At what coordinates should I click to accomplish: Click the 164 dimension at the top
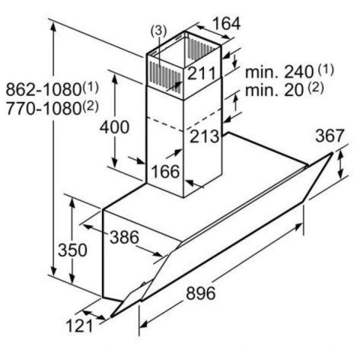click(227, 23)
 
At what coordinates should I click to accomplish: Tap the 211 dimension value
click(202, 73)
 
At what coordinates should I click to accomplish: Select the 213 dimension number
click(205, 136)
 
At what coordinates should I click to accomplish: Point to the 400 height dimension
click(115, 127)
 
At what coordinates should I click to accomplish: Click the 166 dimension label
click(166, 172)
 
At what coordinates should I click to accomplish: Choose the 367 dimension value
click(329, 136)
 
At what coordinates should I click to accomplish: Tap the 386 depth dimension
click(124, 237)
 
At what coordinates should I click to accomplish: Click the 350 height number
click(73, 250)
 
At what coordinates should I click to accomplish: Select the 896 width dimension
click(201, 293)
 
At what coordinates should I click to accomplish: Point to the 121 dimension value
click(80, 326)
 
